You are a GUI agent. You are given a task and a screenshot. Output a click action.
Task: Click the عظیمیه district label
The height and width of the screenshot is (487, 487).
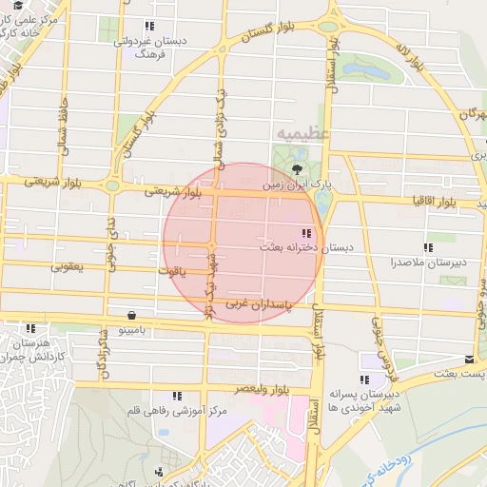click(x=302, y=133)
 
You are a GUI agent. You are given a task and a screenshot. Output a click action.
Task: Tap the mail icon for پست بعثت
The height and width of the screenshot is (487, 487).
click(x=469, y=360)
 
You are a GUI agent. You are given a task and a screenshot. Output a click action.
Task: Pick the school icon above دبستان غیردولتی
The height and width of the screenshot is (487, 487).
click(x=149, y=27)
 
